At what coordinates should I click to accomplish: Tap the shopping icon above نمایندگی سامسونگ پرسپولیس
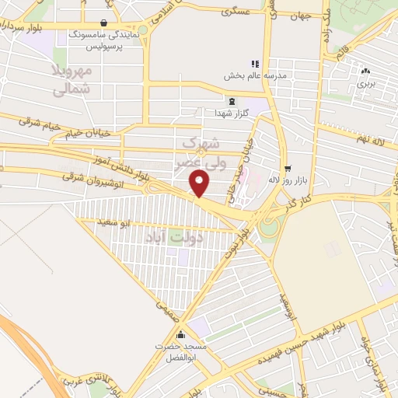click(104, 23)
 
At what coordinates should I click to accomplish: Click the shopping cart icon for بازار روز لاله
click(287, 168)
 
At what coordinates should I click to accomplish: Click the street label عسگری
click(234, 12)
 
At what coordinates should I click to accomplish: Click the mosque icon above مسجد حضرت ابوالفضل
click(181, 336)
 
